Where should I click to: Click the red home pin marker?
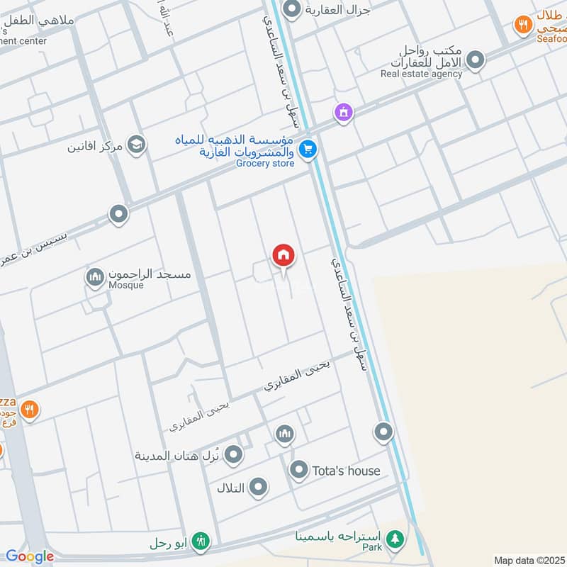pos(283,256)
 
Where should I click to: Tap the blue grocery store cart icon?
pos(307,149)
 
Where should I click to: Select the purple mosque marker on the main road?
pos(344,112)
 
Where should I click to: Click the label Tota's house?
pos(347,470)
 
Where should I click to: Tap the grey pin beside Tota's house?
pos(298,469)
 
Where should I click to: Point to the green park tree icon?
pos(394,539)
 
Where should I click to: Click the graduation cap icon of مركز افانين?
pos(136,145)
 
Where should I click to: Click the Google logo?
pos(29,556)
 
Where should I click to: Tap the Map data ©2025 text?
pos(529,560)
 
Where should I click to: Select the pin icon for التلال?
pos(259,487)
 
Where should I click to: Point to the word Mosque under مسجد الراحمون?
pos(126,286)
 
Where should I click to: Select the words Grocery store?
pos(264,164)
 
